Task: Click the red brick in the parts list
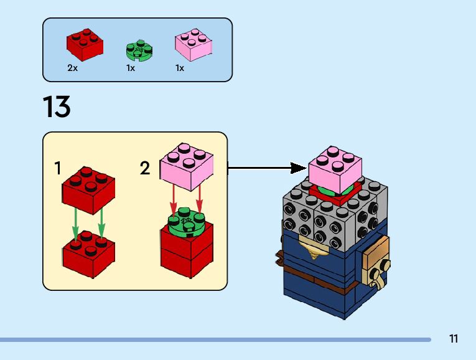click(x=85, y=44)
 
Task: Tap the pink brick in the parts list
click(x=193, y=45)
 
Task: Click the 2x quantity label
click(x=72, y=68)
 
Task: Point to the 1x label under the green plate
click(x=131, y=68)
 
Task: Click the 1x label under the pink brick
click(x=180, y=68)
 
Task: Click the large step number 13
click(x=57, y=107)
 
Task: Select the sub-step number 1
click(x=57, y=168)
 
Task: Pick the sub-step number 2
click(x=145, y=168)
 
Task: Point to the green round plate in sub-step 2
click(x=187, y=220)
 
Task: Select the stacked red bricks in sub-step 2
click(x=187, y=249)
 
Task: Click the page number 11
click(x=453, y=339)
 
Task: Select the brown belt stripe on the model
click(x=317, y=275)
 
